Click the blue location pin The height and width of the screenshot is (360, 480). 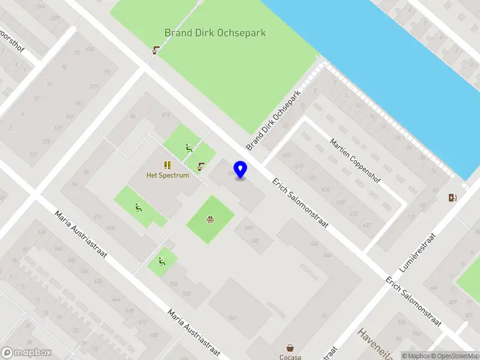241,170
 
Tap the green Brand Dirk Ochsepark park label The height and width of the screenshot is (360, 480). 215,33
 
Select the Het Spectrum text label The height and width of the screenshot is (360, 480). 167,175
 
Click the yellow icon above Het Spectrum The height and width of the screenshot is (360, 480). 167,164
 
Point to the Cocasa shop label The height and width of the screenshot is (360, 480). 290,357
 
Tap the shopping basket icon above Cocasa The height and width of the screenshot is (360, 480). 290,347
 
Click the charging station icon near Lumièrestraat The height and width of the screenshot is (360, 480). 452,197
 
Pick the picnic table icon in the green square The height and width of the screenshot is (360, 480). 210,220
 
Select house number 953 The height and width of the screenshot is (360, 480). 186,293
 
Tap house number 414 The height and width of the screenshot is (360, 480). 166,114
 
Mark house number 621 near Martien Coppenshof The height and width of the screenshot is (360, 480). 311,178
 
